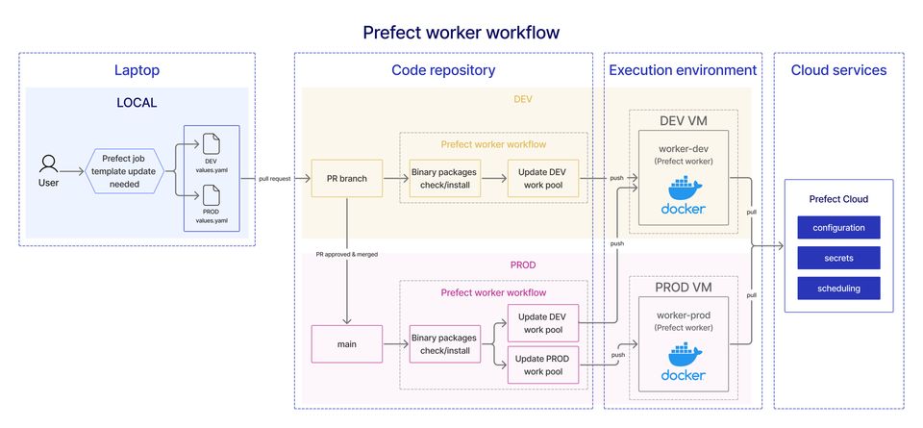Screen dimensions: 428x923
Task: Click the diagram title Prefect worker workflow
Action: [461, 33]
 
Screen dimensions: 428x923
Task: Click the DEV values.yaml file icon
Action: [211, 144]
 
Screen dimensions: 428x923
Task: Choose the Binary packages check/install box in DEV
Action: [444, 178]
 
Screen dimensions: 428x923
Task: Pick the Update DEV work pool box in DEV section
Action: [543, 178]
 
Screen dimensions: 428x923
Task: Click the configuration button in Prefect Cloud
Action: [838, 228]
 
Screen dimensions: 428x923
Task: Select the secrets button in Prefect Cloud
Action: [838, 258]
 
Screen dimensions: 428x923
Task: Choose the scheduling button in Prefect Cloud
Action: [838, 288]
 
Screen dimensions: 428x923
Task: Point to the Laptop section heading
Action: [137, 70]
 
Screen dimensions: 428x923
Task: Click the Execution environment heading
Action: [683, 70]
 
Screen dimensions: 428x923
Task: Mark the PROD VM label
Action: [683, 287]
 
